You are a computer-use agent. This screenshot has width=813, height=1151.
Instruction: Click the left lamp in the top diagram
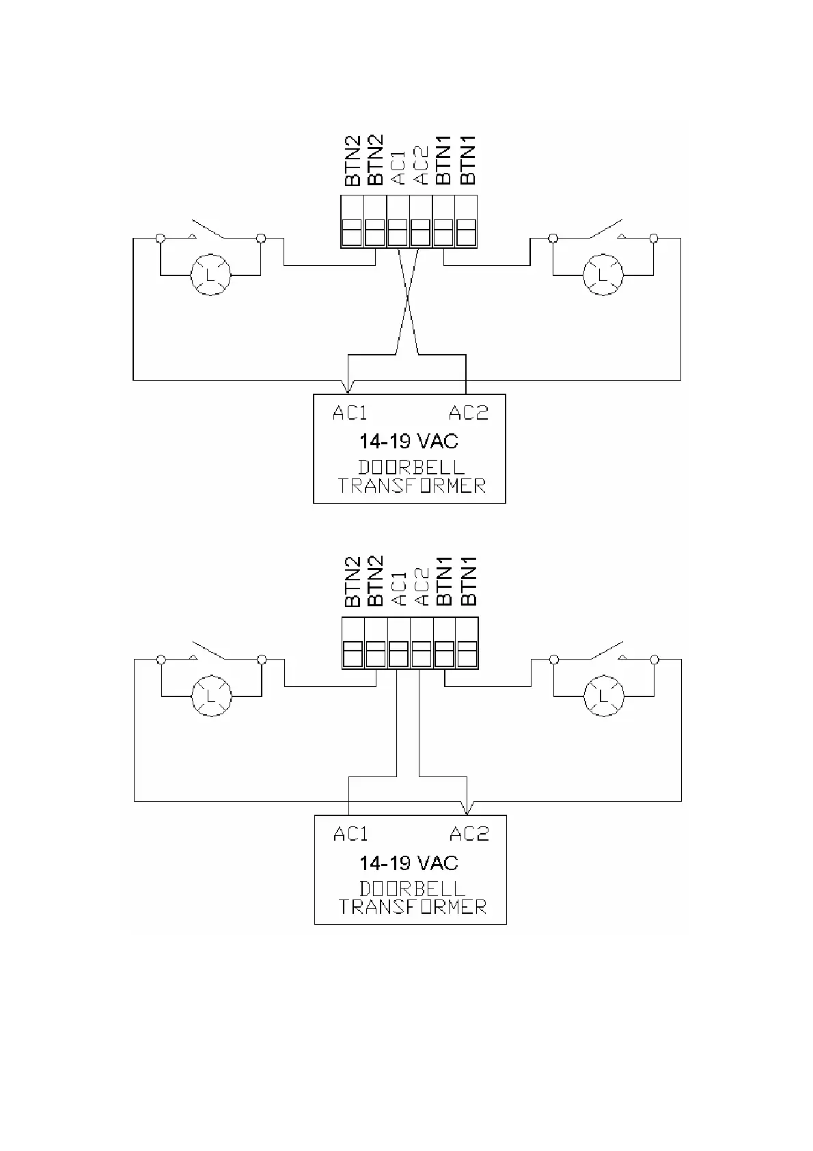pos(210,275)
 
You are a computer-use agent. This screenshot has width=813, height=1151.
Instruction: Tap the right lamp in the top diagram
pos(603,275)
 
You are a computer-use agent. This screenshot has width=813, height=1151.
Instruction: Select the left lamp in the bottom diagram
pos(211,696)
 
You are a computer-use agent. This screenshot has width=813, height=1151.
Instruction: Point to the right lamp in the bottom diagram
pos(603,696)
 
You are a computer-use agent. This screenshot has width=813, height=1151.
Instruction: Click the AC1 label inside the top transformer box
pos(350,413)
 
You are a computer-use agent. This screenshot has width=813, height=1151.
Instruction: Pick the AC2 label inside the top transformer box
pos(469,413)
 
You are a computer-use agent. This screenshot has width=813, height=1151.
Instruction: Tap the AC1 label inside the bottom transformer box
pos(350,834)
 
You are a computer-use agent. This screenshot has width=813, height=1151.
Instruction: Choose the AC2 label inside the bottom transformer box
pos(469,834)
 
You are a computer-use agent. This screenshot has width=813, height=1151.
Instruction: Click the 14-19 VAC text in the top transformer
pos(409,441)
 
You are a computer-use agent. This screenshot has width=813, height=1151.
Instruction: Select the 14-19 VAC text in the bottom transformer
pos(409,863)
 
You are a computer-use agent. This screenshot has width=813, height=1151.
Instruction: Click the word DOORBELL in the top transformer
pos(411,468)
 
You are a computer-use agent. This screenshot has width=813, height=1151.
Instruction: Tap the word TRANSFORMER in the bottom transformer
pos(413,907)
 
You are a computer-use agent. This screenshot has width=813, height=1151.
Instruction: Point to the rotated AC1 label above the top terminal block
pos(398,167)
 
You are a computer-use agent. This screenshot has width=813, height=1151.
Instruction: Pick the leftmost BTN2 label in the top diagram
pos(352,162)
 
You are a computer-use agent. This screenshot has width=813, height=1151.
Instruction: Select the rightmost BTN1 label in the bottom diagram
pos(468,582)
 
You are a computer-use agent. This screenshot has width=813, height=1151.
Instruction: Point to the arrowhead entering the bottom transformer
pos(467,810)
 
